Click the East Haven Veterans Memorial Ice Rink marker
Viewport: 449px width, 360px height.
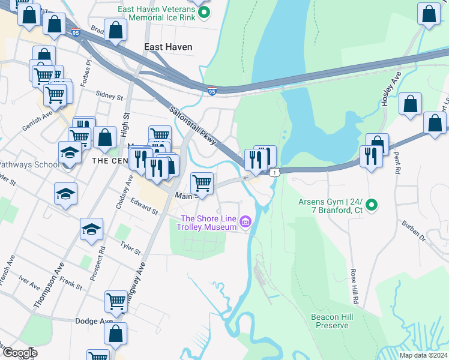pyautogui.click(x=204, y=13)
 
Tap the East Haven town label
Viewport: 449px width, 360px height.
pyautogui.click(x=168, y=47)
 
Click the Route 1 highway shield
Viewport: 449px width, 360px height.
pyautogui.click(x=274, y=173)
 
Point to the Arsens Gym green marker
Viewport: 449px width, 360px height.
pyautogui.click(x=372, y=206)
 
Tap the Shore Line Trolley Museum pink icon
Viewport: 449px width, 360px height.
pyautogui.click(x=244, y=223)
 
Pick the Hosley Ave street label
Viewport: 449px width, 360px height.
pyautogui.click(x=391, y=89)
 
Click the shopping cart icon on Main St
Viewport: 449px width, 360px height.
pyautogui.click(x=202, y=182)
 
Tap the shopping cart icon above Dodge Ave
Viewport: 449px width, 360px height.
pyautogui.click(x=116, y=301)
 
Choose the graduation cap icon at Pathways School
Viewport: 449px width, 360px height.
pyautogui.click(x=70, y=152)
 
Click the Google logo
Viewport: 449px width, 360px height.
pyautogui.click(x=19, y=353)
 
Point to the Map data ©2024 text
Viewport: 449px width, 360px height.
pyautogui.click(x=415, y=355)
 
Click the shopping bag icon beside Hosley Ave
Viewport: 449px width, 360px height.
pyautogui.click(x=410, y=104)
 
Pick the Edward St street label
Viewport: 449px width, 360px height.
pyautogui.click(x=144, y=207)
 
